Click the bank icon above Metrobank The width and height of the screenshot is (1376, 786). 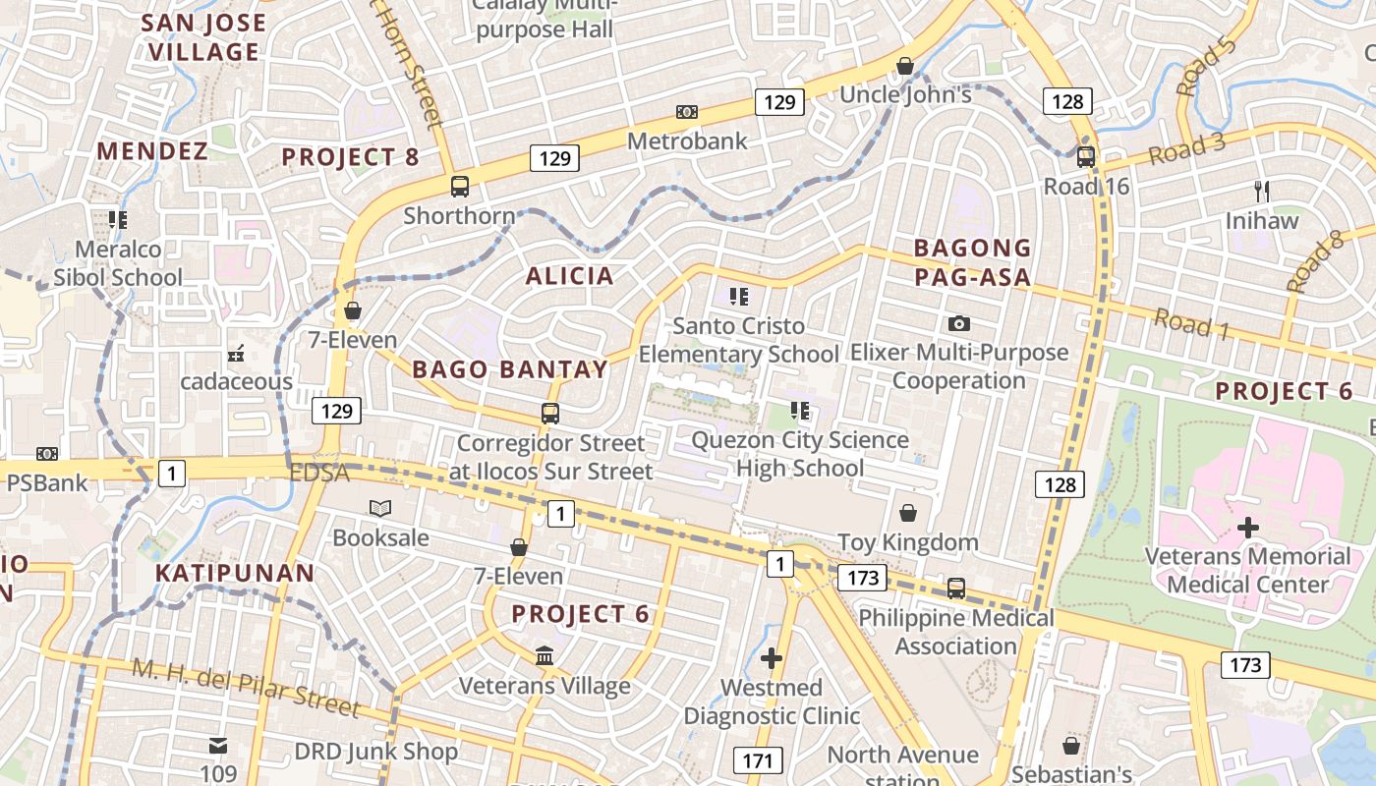pos(687,113)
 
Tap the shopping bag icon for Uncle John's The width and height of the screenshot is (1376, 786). pos(905,66)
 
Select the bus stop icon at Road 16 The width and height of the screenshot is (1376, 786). pos(1086,156)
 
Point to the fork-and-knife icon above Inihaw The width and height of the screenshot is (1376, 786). pos(1262,191)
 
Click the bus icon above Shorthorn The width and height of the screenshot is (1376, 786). pos(459,186)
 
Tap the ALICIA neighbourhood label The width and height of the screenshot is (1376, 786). pos(570,276)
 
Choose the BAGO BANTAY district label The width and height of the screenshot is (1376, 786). pos(510,369)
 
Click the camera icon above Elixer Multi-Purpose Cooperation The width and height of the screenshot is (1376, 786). pos(959,323)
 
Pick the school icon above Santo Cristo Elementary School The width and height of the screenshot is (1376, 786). pos(739,296)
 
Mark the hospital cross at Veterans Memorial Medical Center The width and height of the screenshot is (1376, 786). pos(1248,528)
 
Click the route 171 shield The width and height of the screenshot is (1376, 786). pos(757,760)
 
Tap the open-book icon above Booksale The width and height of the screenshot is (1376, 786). pos(380,508)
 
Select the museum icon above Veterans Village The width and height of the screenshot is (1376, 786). pos(545,655)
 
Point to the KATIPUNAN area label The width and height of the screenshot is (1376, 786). pos(235,574)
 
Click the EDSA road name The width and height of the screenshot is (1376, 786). pos(319,474)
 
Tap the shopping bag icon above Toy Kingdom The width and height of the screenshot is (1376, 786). pos(908,513)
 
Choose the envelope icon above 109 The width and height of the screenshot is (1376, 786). pos(218,746)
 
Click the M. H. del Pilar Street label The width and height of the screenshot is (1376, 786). pos(247,688)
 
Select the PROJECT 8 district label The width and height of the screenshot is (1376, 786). pos(350,157)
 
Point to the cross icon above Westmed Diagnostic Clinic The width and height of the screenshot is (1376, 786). pos(772,657)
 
